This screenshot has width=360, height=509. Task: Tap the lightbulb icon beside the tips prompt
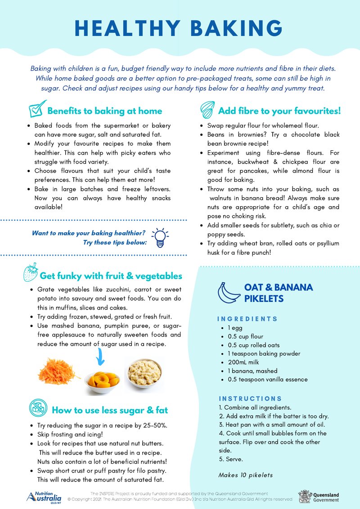(x=160, y=237)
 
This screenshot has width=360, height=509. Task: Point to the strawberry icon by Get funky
(x=31, y=272)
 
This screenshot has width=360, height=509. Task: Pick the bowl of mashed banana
(x=143, y=373)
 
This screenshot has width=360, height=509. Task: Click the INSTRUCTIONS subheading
(x=250, y=399)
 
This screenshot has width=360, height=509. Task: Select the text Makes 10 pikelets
(x=246, y=475)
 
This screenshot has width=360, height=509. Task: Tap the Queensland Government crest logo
(x=305, y=496)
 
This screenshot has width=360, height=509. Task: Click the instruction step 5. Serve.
(x=230, y=459)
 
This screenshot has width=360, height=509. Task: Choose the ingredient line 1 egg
(x=234, y=328)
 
